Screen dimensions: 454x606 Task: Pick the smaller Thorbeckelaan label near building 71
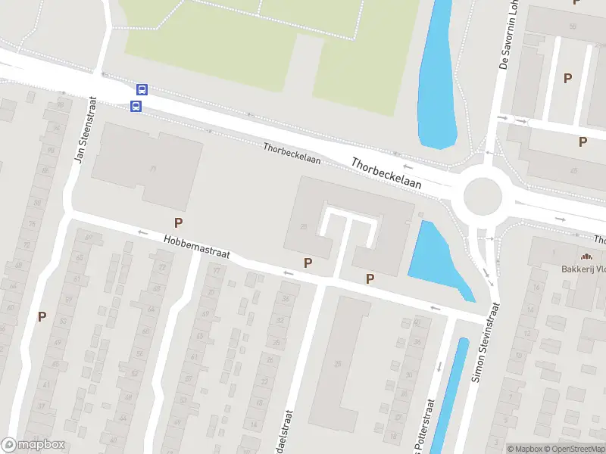292,154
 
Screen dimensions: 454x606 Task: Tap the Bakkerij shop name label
583,269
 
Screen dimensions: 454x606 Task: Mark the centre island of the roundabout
483,197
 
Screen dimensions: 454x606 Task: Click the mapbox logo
33,445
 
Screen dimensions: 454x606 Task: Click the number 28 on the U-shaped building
304,226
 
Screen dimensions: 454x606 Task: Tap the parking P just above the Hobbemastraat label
179,222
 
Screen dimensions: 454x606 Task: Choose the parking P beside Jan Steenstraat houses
42,317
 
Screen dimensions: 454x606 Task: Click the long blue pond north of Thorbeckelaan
438,76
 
